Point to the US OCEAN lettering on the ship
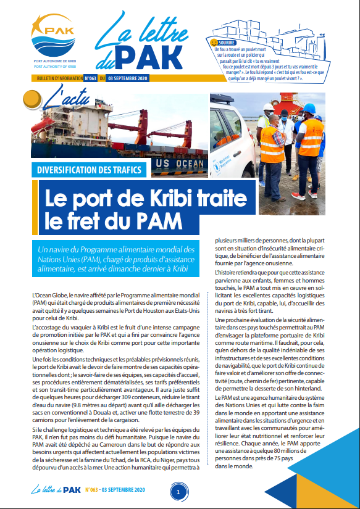(x=179, y=164)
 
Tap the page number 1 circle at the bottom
(x=178, y=492)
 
